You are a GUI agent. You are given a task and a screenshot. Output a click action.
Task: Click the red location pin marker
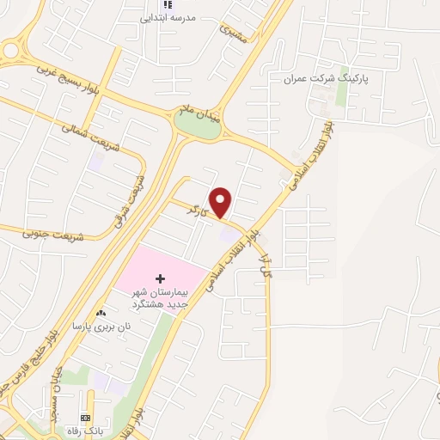coord(222,202)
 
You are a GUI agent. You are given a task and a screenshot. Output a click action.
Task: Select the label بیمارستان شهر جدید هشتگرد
coord(158,302)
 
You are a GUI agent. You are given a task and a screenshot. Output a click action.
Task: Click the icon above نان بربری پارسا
coord(102,312)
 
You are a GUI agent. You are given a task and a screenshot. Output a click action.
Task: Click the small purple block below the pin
coord(229,233)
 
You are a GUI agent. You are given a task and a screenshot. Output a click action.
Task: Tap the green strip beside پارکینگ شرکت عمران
coord(343,91)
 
